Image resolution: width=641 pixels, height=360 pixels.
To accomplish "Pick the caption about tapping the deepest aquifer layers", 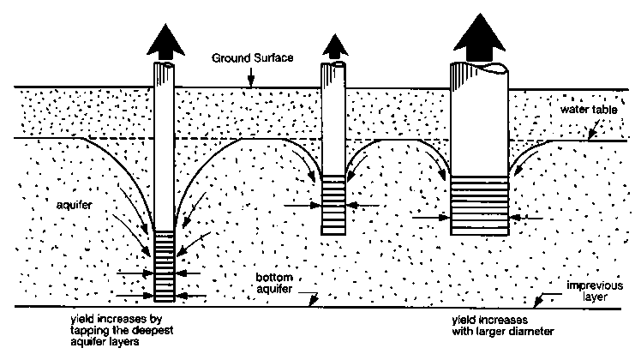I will tap(119, 330).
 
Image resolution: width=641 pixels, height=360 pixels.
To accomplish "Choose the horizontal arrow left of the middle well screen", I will tap(301, 205).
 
